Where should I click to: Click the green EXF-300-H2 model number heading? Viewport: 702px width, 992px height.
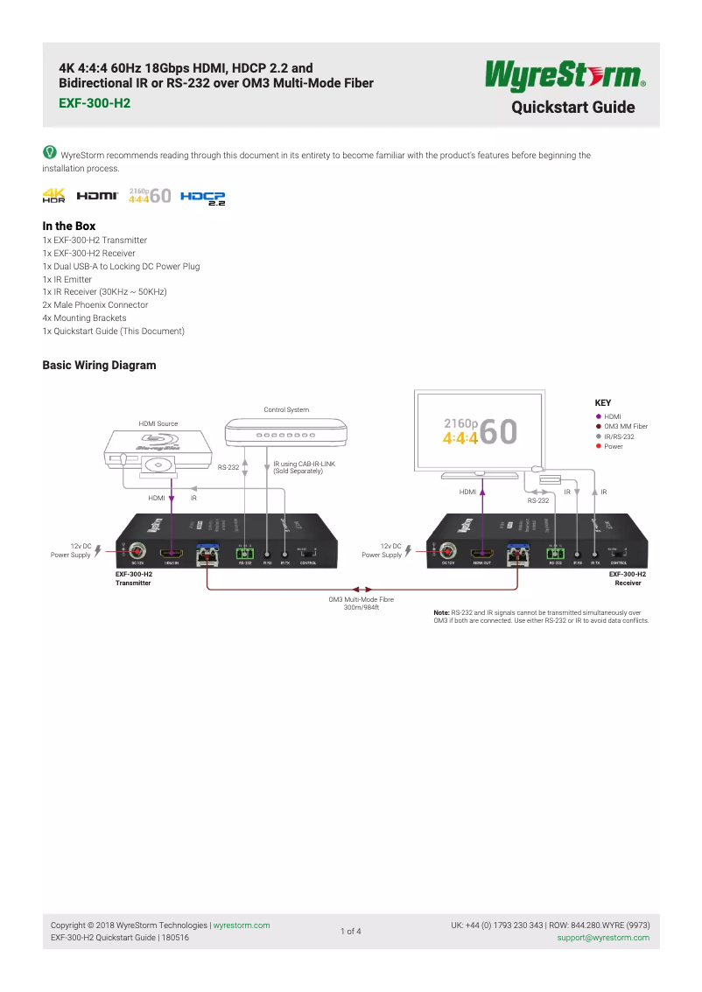pos(94,102)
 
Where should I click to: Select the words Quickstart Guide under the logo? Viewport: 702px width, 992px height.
pos(572,108)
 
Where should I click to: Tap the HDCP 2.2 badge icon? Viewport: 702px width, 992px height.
pos(203,198)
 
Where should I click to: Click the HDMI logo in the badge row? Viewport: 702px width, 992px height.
pos(97,197)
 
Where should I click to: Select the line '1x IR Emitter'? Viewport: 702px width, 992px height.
pos(67,279)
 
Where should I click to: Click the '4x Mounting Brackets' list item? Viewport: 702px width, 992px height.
pos(84,318)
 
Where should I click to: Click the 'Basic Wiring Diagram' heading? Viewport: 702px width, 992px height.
pos(99,365)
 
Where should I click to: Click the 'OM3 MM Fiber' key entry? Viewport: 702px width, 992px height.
pos(626,426)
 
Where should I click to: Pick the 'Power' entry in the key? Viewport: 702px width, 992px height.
pos(613,446)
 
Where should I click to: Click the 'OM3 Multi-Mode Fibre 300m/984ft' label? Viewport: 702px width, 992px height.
pos(362,604)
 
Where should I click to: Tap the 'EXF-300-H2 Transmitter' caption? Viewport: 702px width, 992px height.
pos(134,578)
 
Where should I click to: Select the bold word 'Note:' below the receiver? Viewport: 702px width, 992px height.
pos(441,613)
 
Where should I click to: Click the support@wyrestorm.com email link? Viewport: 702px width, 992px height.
pos(603,938)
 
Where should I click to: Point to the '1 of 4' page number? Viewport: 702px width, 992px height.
pos(350,932)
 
